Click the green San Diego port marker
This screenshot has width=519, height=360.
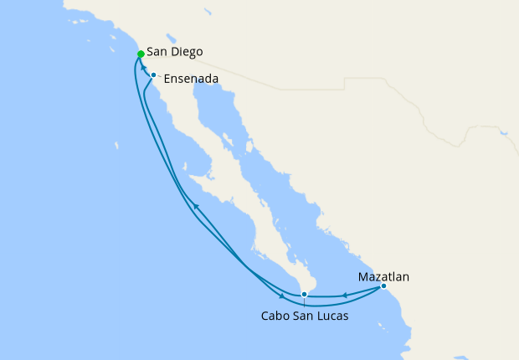click(141, 54)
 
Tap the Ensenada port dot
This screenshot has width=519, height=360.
click(154, 75)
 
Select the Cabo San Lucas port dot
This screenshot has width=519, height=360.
click(304, 295)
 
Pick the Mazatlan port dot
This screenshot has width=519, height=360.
click(383, 286)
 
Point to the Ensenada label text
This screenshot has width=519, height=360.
click(192, 80)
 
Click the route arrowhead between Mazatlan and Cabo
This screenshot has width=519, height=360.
click(343, 295)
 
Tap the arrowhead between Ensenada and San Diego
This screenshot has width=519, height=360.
click(144, 66)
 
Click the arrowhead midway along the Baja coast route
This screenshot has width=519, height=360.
click(195, 206)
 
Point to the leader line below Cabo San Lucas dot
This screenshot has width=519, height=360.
click(304, 303)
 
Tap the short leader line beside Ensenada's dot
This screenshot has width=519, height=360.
click(160, 77)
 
